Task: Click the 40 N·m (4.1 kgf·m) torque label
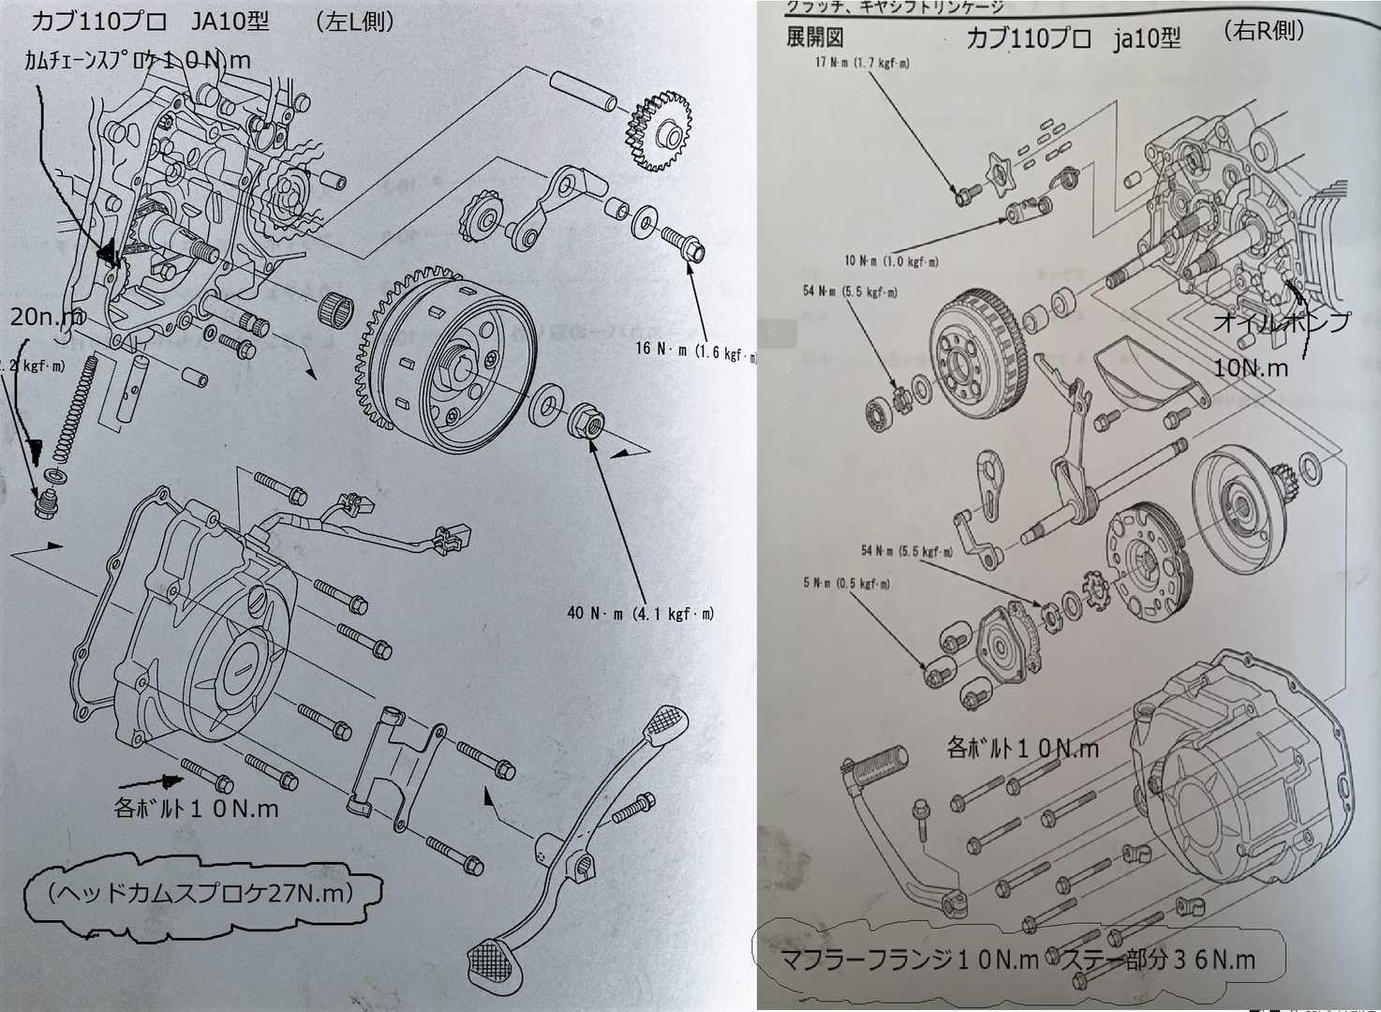640,614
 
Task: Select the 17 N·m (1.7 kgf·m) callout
863,64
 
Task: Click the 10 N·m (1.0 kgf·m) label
890,261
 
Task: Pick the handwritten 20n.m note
47,318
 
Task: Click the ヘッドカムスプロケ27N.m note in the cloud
198,894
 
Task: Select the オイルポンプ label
1281,323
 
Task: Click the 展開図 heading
815,37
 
